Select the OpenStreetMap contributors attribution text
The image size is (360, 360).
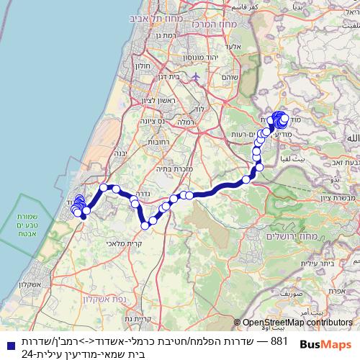tap(297, 323)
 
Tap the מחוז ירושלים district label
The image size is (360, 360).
tap(271, 237)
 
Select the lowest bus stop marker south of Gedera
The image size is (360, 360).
tap(145, 225)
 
